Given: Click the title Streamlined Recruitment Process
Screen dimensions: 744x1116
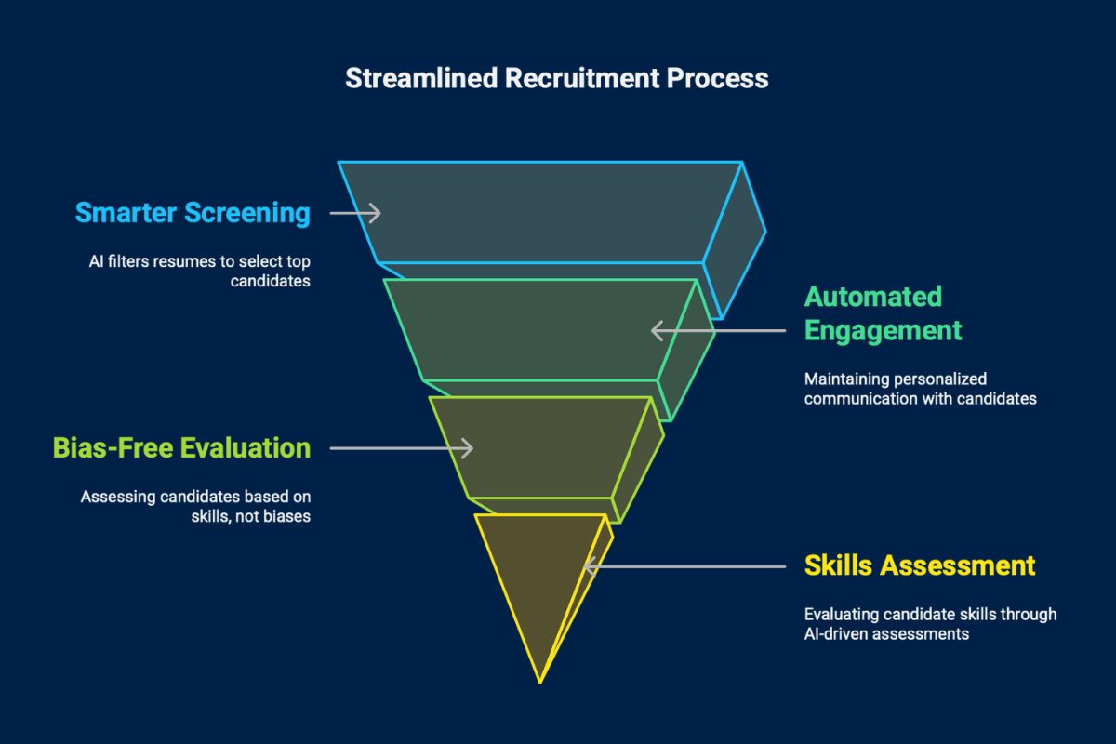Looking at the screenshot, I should (556, 78).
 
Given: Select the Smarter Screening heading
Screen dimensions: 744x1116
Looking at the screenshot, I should (193, 213).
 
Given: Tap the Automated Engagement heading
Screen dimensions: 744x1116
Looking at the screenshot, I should (883, 313).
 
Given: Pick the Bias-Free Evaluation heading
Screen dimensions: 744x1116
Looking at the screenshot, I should (180, 448).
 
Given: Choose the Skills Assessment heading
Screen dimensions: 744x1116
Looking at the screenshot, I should (919, 565).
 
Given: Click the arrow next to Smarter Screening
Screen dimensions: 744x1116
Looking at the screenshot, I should (355, 213).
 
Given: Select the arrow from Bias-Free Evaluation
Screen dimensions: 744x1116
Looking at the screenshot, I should (402, 448).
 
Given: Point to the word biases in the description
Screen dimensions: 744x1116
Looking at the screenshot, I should (286, 516).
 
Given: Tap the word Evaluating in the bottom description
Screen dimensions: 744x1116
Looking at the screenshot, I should (840, 615).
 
